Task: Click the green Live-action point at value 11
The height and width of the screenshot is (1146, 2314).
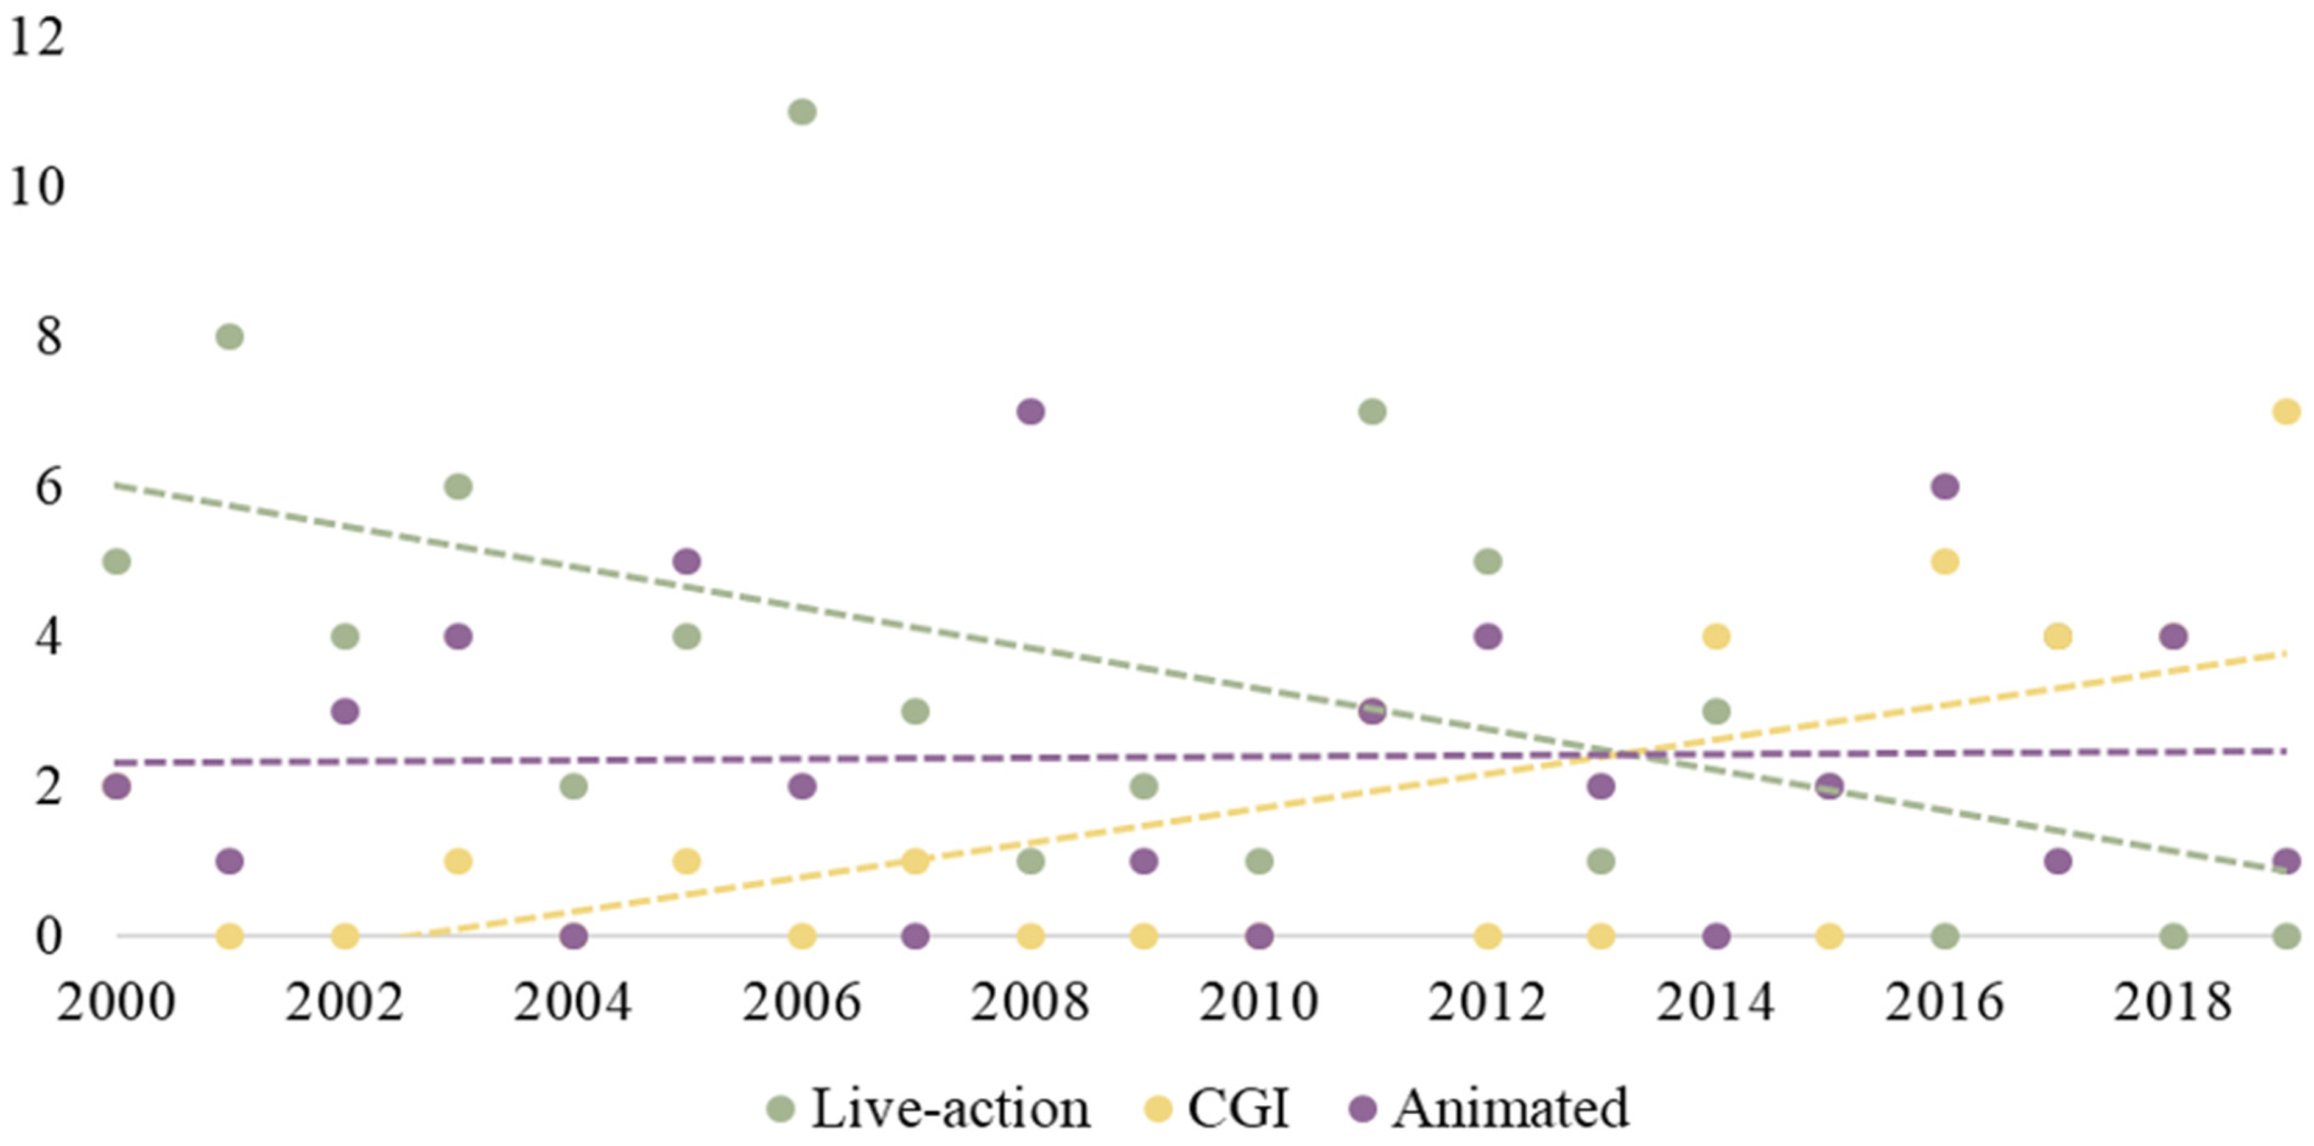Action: coord(801,112)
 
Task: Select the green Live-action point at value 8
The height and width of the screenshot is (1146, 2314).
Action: coord(230,337)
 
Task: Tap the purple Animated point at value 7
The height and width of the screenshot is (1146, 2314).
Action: coord(1030,412)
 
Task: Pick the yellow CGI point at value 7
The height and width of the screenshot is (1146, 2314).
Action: coord(2286,412)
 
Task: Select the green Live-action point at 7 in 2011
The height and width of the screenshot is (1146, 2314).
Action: coord(1372,412)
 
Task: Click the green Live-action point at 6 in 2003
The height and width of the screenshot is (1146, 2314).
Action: coord(458,487)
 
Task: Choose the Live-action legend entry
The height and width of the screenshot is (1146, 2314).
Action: coord(930,1108)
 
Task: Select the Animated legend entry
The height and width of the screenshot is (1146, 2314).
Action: coord(1491,1108)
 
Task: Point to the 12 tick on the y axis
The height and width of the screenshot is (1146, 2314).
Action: coord(37,38)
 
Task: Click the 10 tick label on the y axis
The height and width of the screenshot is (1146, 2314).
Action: coord(37,188)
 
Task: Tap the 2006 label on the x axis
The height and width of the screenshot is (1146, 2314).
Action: coord(801,1002)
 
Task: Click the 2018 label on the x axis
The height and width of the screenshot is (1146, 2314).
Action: coord(2172,1002)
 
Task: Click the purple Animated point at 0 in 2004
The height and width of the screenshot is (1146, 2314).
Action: coord(573,937)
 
